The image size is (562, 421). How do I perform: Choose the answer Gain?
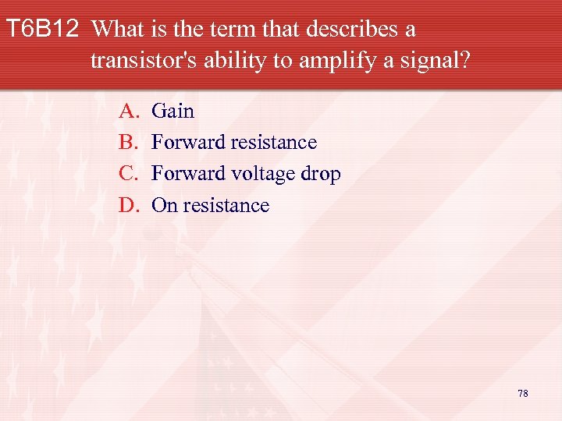173,111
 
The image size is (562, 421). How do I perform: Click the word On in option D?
164,206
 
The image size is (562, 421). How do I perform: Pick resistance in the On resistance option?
226,206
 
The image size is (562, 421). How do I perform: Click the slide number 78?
522,393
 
